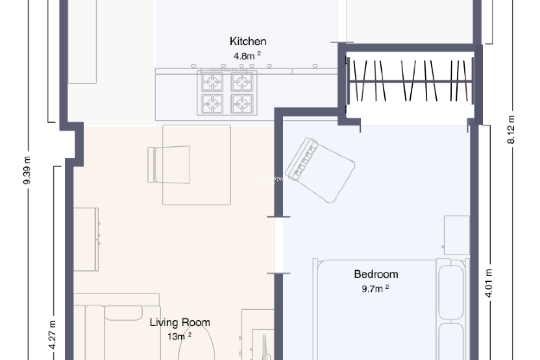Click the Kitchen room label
tap(248, 41)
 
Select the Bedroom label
tap(376, 274)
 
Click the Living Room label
tap(180, 322)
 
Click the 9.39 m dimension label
tap(27, 170)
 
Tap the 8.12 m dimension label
tap(511, 129)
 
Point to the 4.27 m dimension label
tap(53, 335)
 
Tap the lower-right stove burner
tap(242, 104)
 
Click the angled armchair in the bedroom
tap(320, 170)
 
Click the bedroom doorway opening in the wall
tap(278, 245)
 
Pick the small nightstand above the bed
tap(456, 235)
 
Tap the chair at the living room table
tap(169, 165)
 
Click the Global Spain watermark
tap(269, 179)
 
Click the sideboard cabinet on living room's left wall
tap(85, 239)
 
